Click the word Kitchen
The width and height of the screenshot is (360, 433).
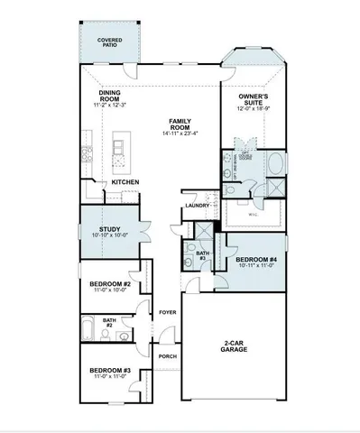(x=125, y=183)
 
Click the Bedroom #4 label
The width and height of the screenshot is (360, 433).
(x=254, y=260)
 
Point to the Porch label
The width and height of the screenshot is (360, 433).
(x=167, y=355)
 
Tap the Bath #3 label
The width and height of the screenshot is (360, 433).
(x=202, y=257)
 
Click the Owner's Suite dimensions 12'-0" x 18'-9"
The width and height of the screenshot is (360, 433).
(x=254, y=108)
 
